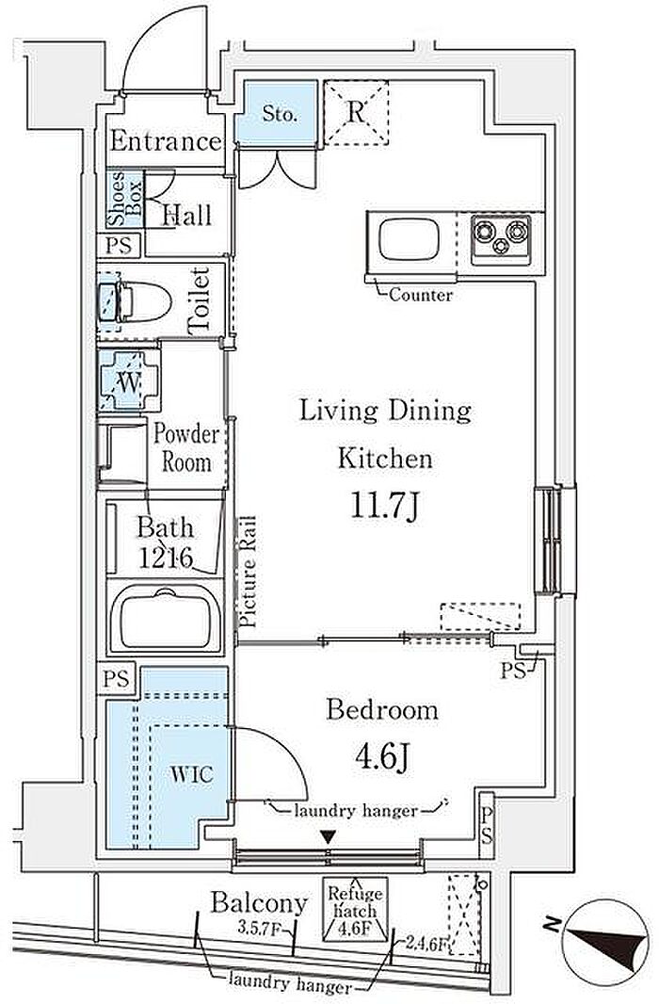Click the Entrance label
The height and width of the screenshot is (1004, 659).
click(166, 141)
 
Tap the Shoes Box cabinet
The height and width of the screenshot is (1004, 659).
click(125, 199)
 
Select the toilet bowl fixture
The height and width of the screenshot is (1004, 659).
click(135, 301)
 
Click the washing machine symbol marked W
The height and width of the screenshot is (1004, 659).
click(129, 382)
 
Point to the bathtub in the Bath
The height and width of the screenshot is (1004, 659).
click(165, 619)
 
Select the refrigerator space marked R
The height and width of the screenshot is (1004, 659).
click(357, 113)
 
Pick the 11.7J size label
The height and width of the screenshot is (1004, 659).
click(385, 506)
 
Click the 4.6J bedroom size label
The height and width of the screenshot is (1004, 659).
click(382, 757)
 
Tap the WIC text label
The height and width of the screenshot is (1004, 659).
click(192, 774)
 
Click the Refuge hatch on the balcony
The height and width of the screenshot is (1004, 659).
click(355, 909)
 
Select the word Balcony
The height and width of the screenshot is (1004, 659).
click(259, 903)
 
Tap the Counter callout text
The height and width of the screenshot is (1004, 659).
click(421, 295)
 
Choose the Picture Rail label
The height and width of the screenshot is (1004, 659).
click(248, 571)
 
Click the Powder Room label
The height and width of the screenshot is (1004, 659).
click(186, 448)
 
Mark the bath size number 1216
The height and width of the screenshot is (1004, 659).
click(167, 558)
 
